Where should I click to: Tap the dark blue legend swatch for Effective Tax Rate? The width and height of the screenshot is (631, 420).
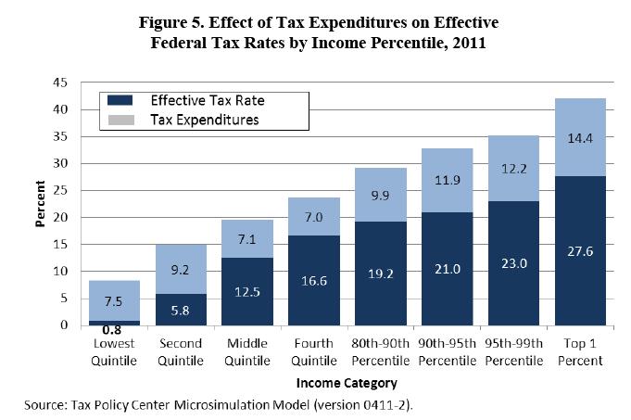coord(120,100)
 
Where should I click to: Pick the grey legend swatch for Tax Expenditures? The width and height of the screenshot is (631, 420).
coord(120,120)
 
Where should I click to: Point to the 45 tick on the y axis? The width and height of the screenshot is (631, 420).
coord(60,83)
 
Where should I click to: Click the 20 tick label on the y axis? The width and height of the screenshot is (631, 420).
coord(60,218)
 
